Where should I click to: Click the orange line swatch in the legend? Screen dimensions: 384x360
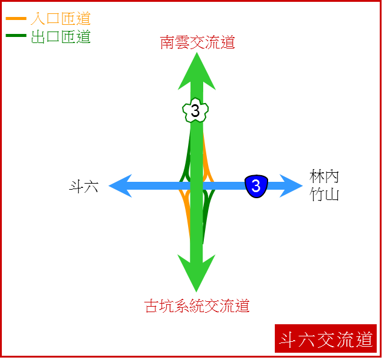[x=16, y=19]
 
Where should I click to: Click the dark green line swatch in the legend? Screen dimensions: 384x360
[x=16, y=36]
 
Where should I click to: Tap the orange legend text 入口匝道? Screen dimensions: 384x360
[x=61, y=19]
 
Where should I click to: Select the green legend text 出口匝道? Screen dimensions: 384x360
[x=61, y=37]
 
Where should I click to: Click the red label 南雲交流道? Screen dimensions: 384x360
[x=197, y=42]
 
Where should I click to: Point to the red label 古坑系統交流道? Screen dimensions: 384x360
[x=197, y=306]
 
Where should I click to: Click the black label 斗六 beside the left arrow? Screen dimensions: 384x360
[x=84, y=187]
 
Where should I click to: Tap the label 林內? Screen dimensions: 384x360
[x=324, y=176]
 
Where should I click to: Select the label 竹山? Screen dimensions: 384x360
[x=324, y=195]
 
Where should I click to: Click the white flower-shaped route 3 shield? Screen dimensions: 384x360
[x=195, y=110]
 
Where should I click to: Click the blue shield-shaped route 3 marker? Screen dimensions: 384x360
[x=256, y=186]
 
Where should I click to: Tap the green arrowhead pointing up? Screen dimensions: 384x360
[x=197, y=73]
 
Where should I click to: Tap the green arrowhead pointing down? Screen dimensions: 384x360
[x=197, y=272]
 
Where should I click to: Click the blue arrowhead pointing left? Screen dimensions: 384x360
[x=121, y=185]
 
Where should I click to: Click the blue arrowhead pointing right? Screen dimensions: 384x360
[x=291, y=185]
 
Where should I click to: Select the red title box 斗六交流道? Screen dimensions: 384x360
[x=326, y=338]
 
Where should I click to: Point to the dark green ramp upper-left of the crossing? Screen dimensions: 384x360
[x=187, y=159]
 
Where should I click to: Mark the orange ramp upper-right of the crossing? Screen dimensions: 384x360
[x=207, y=159]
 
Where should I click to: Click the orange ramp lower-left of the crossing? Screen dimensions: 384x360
[x=186, y=210]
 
